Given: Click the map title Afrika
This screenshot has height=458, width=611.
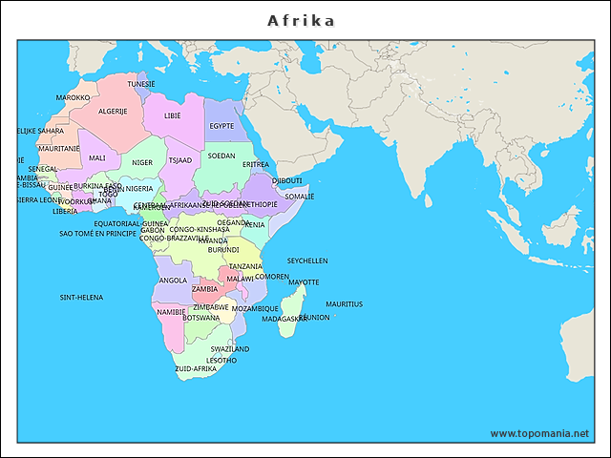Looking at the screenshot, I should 301,20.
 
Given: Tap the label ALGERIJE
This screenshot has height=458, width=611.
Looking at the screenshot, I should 113,112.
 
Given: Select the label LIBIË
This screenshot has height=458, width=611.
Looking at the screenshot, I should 173,115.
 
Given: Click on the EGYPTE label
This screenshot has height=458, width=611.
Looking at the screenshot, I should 221,126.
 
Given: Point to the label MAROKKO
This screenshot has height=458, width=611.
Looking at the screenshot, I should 73,98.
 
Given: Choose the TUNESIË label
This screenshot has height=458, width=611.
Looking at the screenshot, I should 141,84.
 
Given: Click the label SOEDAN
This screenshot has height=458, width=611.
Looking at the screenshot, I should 221,156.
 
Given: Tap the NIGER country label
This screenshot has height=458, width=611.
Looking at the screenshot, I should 142,163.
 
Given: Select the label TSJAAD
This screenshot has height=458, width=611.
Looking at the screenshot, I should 179,160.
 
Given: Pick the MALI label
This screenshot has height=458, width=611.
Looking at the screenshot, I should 97,158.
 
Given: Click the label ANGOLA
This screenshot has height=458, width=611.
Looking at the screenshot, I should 173,281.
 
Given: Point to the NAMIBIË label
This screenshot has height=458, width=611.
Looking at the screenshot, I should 171,312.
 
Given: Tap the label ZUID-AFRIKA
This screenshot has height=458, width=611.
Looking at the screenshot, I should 196,368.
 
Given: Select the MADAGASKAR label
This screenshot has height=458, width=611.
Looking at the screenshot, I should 284,319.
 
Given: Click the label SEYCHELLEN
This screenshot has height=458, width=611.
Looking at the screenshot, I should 307,260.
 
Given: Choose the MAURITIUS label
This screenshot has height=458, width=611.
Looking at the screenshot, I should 344,304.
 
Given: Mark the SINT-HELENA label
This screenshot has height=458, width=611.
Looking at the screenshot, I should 81,298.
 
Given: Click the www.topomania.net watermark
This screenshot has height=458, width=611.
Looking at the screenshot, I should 539,434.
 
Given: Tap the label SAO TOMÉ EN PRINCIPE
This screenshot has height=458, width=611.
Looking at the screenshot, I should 97,234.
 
